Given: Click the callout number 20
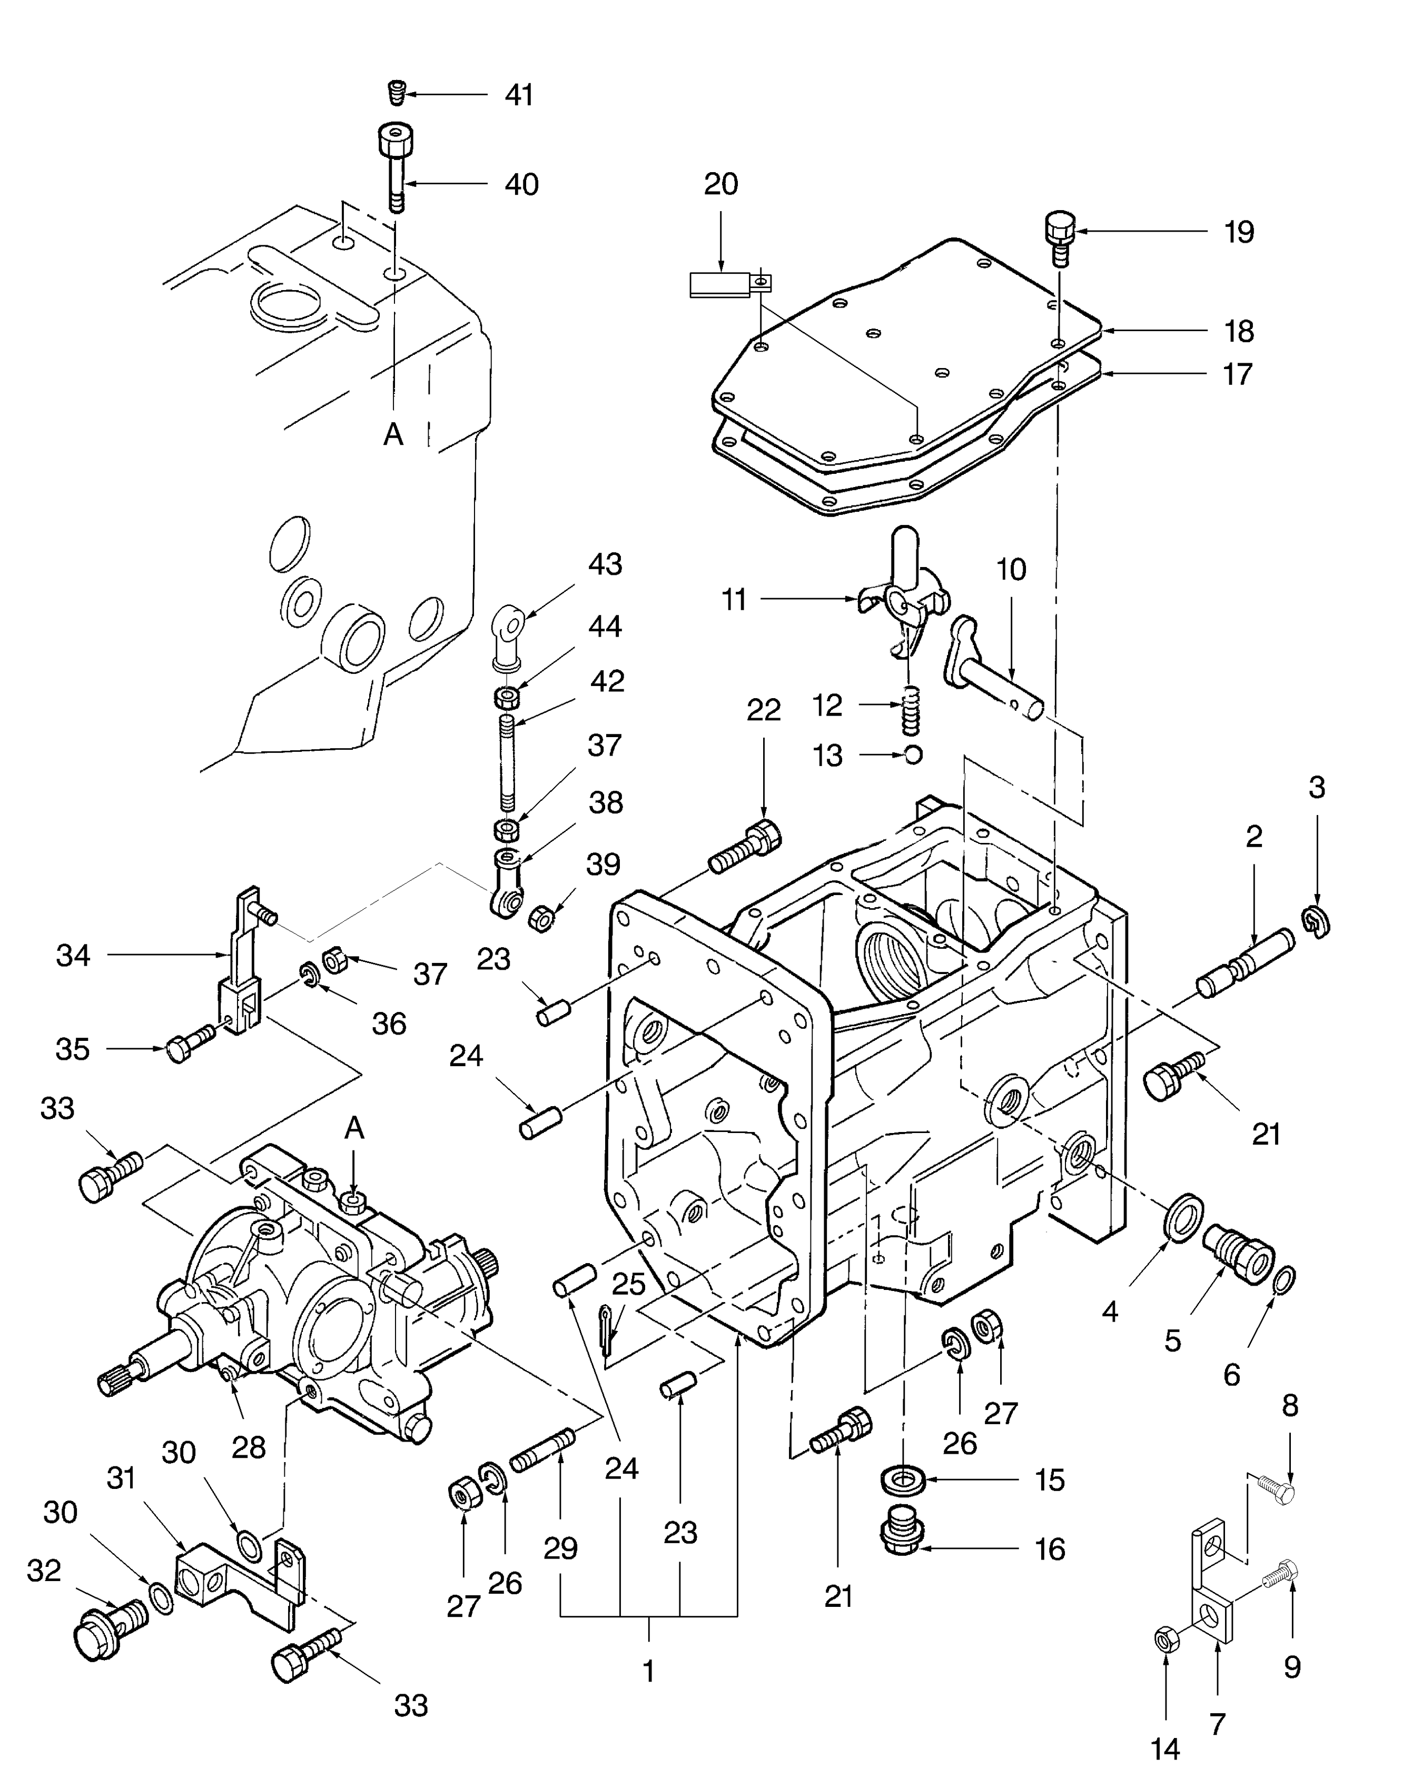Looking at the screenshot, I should (x=720, y=184).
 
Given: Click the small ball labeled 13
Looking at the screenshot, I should (x=913, y=754).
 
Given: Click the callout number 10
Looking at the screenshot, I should (x=1011, y=569).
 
